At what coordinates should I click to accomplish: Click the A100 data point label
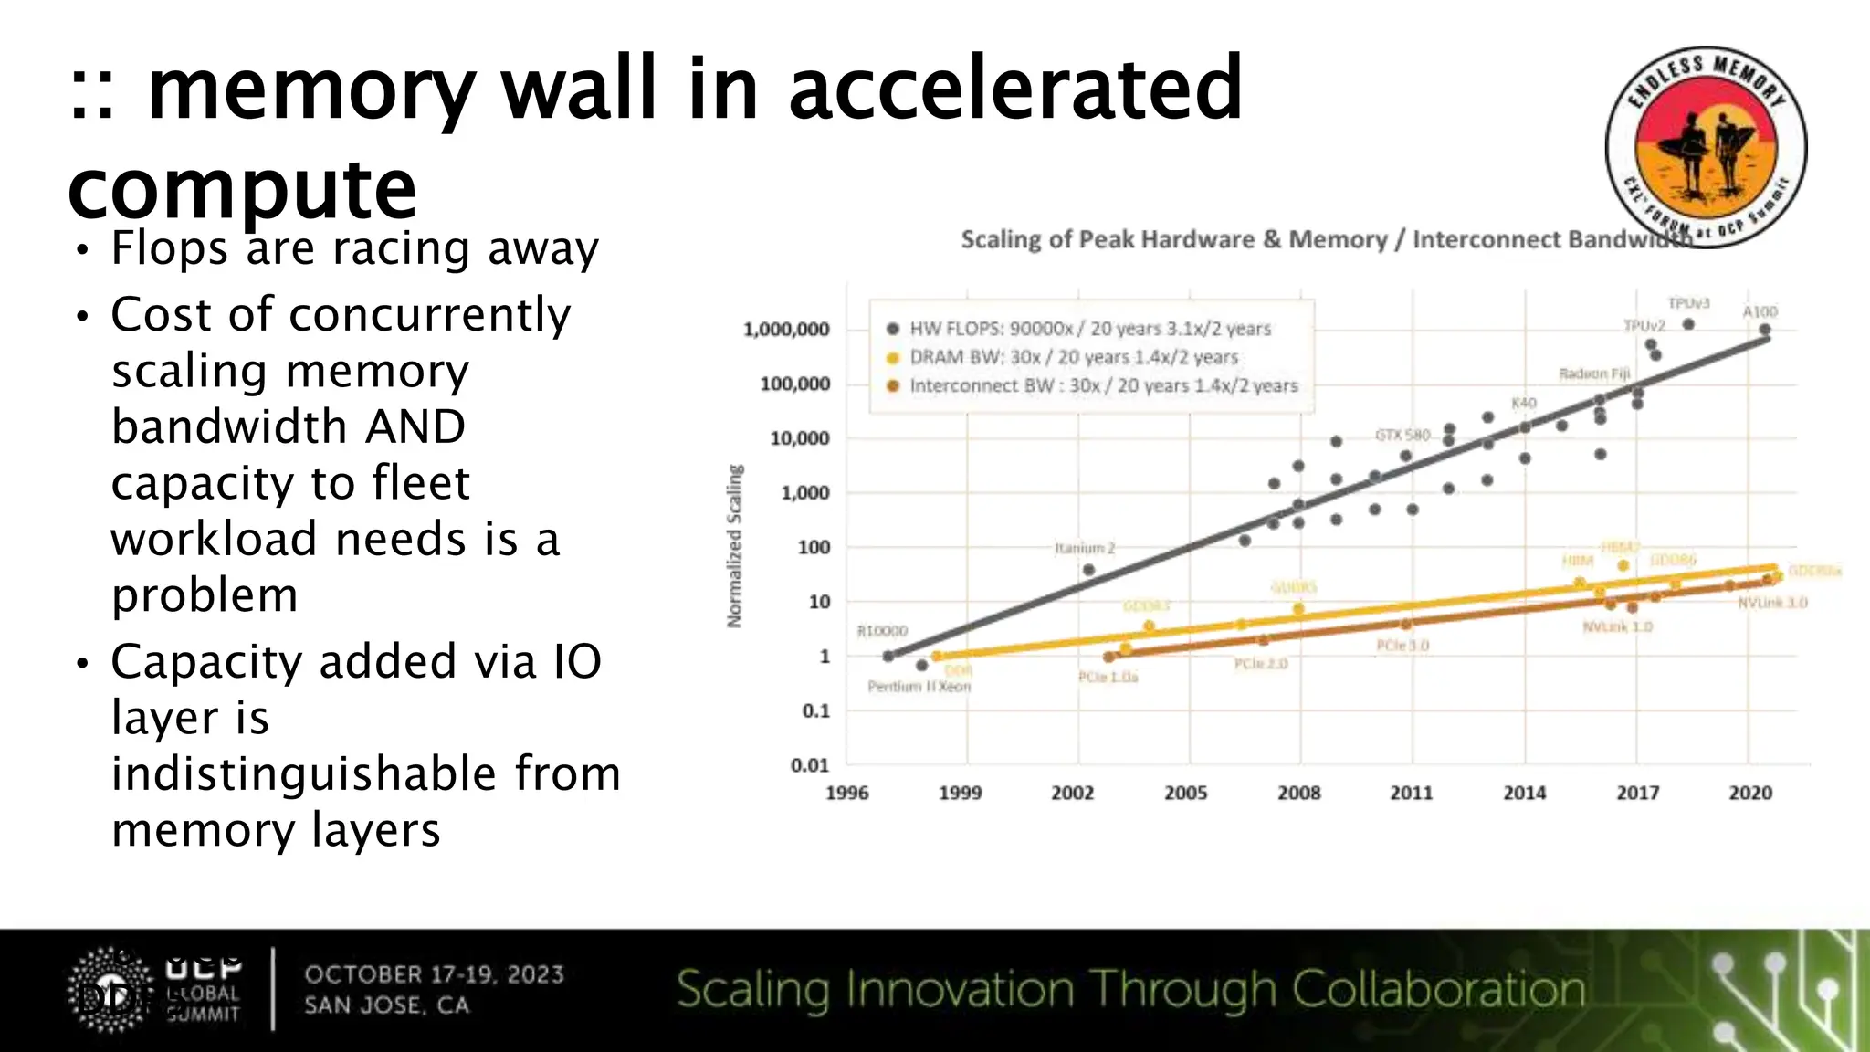[1760, 311]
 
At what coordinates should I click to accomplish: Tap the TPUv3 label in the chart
[1688, 303]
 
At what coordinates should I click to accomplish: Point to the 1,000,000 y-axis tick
[786, 329]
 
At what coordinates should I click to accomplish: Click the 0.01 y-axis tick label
[810, 765]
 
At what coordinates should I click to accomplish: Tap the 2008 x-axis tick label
[1298, 793]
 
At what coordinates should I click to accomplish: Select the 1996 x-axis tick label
[847, 793]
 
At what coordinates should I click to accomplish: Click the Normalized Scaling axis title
[734, 546]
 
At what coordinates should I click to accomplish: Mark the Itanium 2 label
[1085, 548]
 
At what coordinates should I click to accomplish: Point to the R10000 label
[882, 631]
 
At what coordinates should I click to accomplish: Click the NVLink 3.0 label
[1771, 603]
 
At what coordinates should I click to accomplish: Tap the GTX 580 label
[1402, 435]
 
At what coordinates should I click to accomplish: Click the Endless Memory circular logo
[1706, 146]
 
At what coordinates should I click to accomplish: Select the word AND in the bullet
[415, 426]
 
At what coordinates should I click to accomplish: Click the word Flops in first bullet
[169, 248]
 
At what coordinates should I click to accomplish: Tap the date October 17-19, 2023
[435, 974]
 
